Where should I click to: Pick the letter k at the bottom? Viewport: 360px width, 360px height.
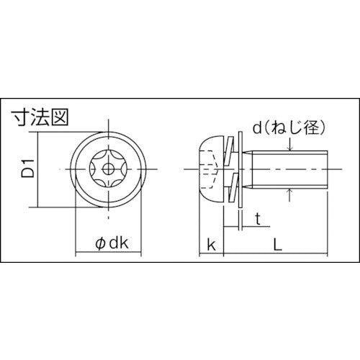click(x=210, y=245)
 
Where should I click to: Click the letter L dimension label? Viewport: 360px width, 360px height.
click(x=279, y=245)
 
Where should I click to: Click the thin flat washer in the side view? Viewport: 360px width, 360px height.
click(x=240, y=170)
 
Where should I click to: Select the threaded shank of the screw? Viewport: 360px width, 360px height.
click(x=288, y=170)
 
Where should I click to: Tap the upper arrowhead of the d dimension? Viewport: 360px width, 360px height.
click(x=289, y=149)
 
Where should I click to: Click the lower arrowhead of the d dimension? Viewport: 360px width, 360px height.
click(x=289, y=191)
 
